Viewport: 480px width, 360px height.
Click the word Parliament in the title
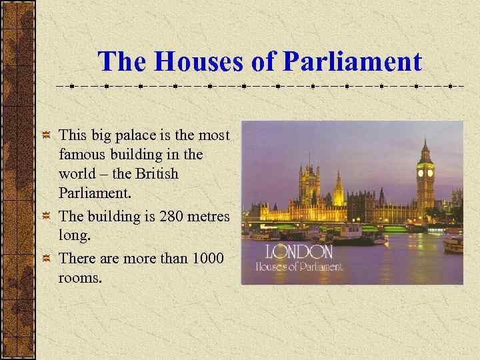pos(353,62)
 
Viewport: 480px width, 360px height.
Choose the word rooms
pos(81,278)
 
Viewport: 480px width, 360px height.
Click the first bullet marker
pos(46,136)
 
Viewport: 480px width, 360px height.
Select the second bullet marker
pos(46,217)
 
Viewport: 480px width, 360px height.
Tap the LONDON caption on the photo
pos(299,252)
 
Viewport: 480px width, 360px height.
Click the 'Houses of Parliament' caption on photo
pos(299,267)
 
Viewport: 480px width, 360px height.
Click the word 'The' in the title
pos(123,62)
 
